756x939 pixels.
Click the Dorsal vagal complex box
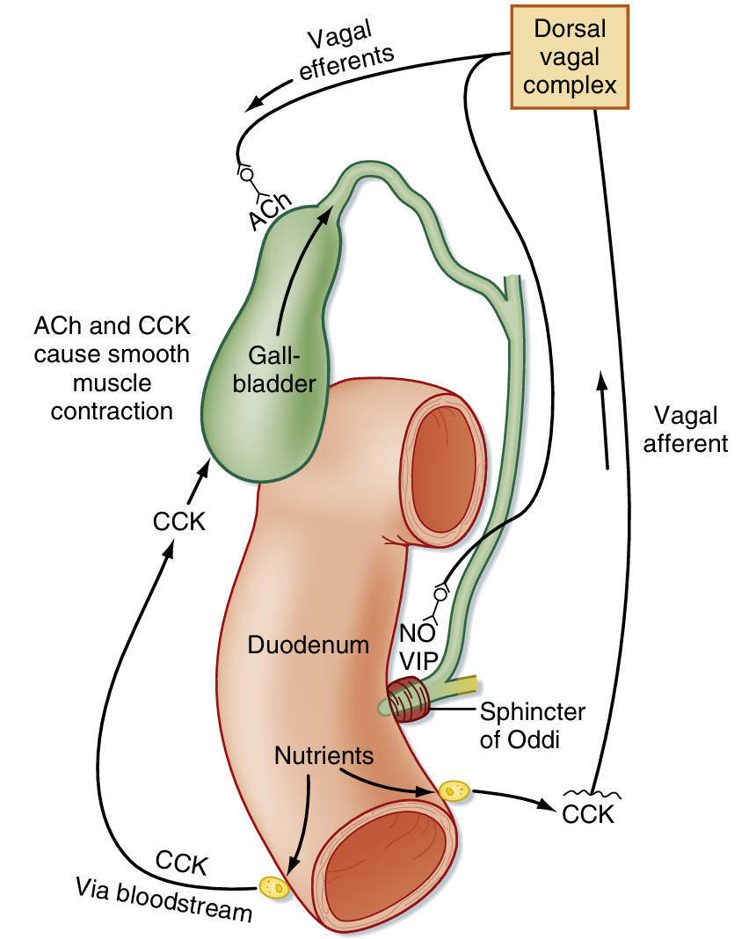coord(570,57)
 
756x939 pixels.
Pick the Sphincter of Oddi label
coord(532,724)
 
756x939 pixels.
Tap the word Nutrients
coord(324,755)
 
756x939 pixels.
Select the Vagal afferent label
coord(686,429)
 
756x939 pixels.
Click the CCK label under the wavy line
coord(587,814)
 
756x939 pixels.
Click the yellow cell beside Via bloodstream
coord(274,887)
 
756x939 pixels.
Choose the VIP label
coord(419,661)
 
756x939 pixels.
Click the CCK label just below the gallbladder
coord(178,521)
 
